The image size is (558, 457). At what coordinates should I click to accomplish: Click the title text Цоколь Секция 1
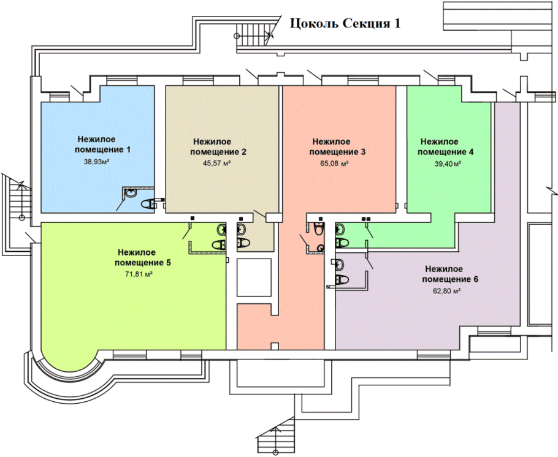coord(345,23)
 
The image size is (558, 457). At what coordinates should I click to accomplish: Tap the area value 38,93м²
coord(96,162)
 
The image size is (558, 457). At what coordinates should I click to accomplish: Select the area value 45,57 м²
coord(216,164)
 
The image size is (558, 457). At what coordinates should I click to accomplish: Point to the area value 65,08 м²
coord(334,164)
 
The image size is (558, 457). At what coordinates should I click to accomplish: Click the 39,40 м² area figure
coord(447,164)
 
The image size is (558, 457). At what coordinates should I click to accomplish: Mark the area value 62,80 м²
coord(447,291)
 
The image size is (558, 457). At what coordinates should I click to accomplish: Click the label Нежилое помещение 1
coord(102,145)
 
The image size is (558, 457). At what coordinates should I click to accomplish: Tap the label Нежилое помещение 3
coord(337,147)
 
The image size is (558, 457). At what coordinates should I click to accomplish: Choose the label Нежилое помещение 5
coord(142,257)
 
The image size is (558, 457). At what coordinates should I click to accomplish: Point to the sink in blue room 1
coord(131,193)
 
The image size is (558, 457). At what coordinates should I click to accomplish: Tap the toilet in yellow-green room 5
coord(218,244)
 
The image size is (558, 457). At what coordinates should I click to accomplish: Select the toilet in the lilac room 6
coord(342,279)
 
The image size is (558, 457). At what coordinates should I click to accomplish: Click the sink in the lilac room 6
coord(340,264)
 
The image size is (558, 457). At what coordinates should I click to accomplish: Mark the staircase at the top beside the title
coord(254,34)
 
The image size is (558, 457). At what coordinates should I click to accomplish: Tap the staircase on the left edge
coord(17,214)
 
